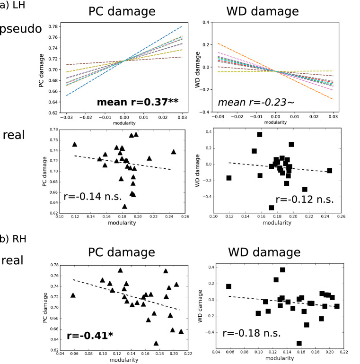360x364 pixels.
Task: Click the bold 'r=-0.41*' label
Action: tap(90, 337)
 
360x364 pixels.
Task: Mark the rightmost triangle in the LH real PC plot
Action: tap(174, 152)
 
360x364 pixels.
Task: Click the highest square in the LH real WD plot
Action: tap(260, 135)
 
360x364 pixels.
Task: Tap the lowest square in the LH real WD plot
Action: tap(272, 208)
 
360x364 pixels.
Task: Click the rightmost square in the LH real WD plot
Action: tap(329, 171)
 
